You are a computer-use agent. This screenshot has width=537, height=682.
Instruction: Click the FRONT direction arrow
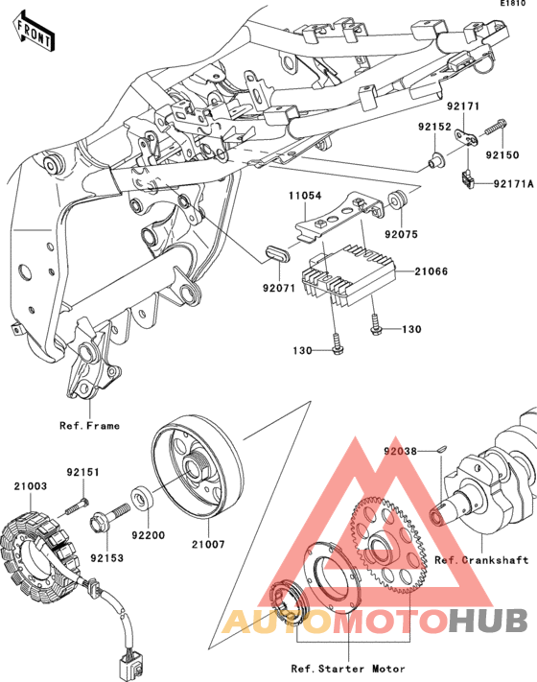pos(34,31)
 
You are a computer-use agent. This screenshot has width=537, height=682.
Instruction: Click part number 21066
pos(431,271)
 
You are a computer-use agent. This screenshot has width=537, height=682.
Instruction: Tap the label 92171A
pos(513,184)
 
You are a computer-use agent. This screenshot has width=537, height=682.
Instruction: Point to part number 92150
pos(502,154)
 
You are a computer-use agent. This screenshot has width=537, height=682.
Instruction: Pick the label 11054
pos(305,196)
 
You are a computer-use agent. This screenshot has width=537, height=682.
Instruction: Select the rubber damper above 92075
pos(396,199)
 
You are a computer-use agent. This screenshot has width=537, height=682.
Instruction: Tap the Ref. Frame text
pos(89,425)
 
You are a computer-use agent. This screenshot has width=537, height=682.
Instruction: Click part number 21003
pos(30,485)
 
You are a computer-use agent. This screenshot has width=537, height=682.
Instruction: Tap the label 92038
pos(400,452)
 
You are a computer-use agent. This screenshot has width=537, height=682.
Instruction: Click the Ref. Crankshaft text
pos(481,560)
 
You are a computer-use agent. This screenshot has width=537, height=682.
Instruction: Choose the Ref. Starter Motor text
pos(348,669)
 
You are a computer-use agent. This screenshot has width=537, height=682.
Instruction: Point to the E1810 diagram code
pos(513,3)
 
